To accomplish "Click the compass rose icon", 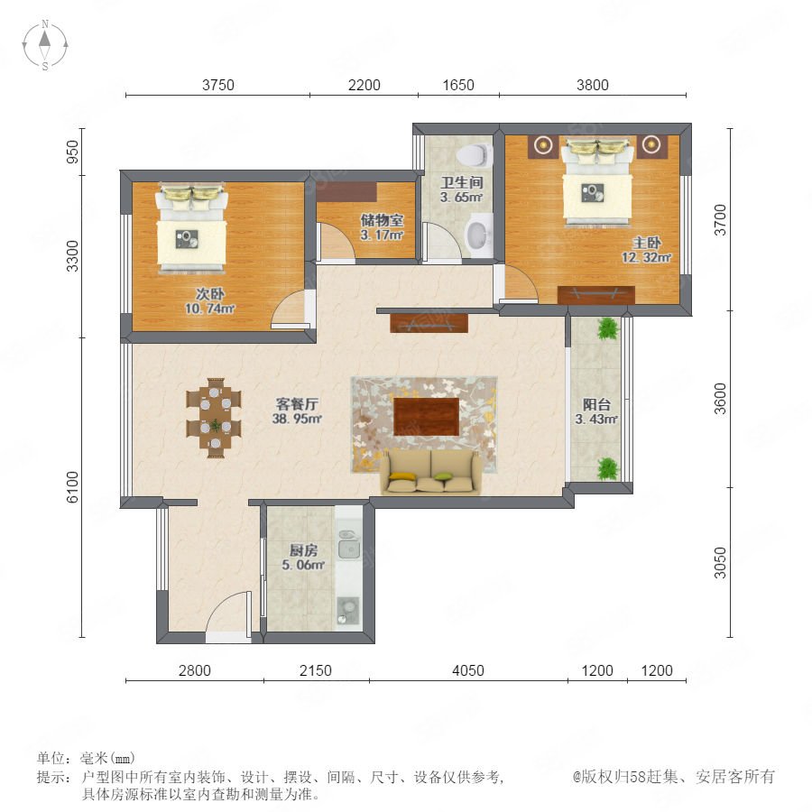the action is coord(45,45).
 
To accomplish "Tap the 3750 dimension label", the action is coord(218,85).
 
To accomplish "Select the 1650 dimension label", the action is coord(458,85).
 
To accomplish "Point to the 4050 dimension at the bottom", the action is coord(468,670).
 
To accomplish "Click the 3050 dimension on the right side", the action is coord(720,562).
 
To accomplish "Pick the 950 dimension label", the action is coord(73,152).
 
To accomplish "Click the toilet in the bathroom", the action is coord(474,154).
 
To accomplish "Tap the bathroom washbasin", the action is coord(479,235).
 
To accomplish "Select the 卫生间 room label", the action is coord(462,182).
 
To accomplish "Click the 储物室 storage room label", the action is coord(383,220).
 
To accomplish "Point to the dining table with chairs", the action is coord(214,418).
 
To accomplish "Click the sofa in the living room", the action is coord(431,471).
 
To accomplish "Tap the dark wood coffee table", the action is coord(426,417).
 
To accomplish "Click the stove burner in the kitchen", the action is coord(348,610).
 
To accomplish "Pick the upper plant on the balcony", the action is coord(608,328).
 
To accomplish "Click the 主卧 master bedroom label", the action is coord(647,243).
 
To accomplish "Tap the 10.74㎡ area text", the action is coord(209,309).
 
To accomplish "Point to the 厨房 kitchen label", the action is coord(303,550).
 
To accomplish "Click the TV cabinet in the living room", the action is coord(429,323).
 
